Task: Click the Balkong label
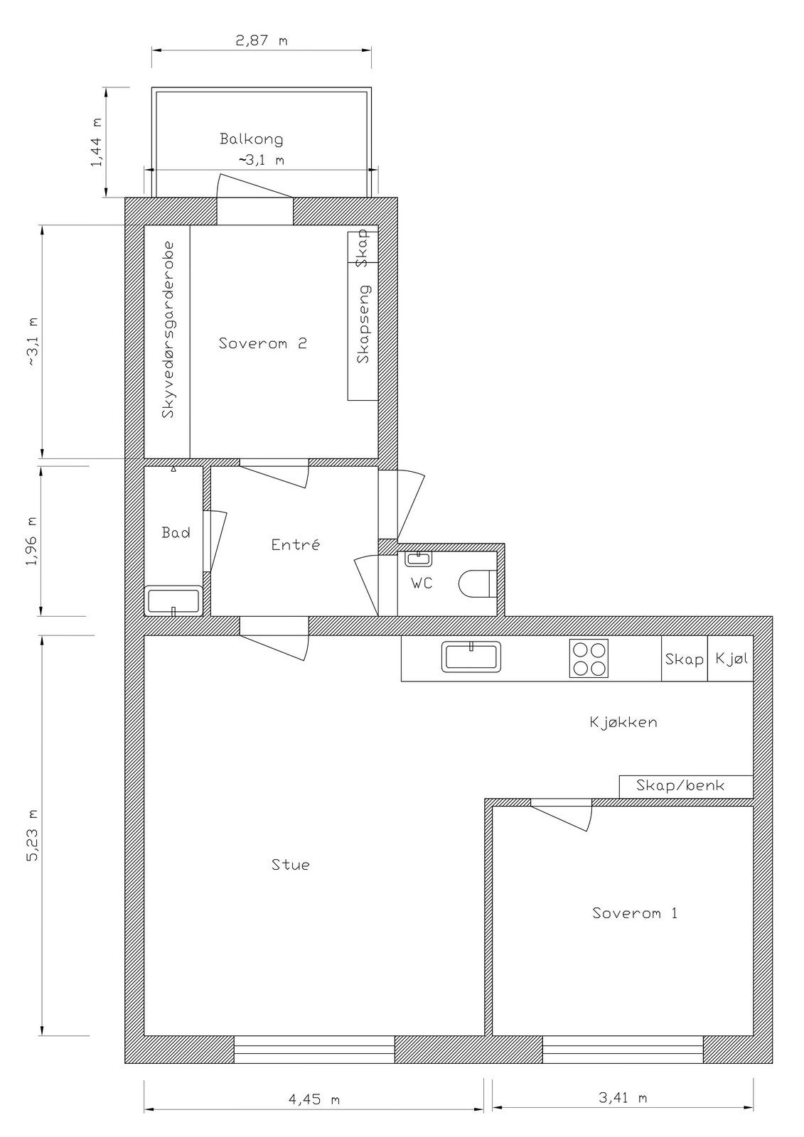pyautogui.click(x=251, y=139)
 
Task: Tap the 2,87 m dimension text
pyautogui.click(x=261, y=41)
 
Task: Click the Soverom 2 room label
pyautogui.click(x=263, y=343)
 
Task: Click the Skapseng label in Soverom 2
pyautogui.click(x=364, y=324)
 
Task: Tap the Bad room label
pyautogui.click(x=176, y=532)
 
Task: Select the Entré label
pyautogui.click(x=296, y=545)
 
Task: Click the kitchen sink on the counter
pyautogui.click(x=471, y=657)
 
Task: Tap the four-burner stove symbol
pyautogui.click(x=589, y=659)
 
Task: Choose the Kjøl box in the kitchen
pyautogui.click(x=731, y=659)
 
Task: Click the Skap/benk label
pyautogui.click(x=680, y=785)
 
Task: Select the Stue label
pyautogui.click(x=291, y=865)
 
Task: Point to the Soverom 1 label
pyautogui.click(x=634, y=913)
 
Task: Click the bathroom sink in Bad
pyautogui.click(x=173, y=600)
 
